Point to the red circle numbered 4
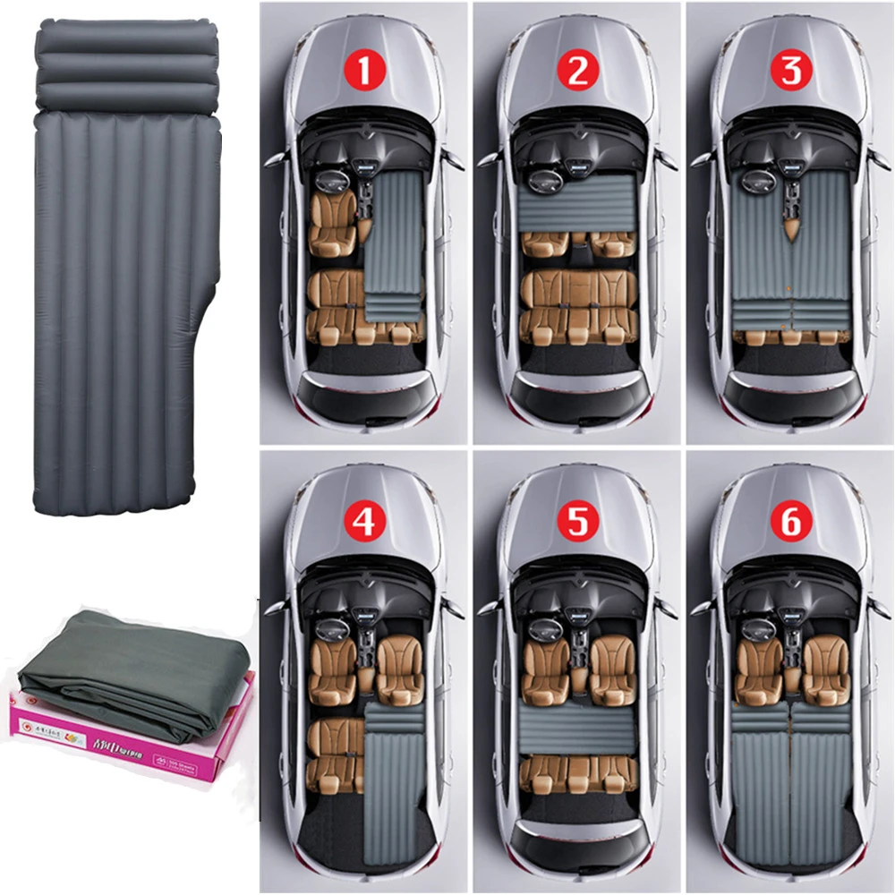[363, 522]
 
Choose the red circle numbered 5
[577, 522]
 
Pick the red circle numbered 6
[790, 522]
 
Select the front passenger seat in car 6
[825, 668]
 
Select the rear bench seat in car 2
[577, 304]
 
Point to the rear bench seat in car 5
[577, 774]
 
